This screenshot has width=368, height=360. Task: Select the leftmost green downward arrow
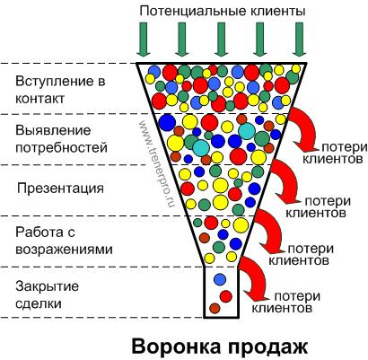144,40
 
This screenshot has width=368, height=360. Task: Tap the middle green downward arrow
221,40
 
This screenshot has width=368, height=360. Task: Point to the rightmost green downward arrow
299,40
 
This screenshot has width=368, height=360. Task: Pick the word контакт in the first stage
39,99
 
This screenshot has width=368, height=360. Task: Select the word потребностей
61,148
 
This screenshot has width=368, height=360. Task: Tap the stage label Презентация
60,189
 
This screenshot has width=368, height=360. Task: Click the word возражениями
64,250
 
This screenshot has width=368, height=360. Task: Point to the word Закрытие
48,286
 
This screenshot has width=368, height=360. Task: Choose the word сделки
39,304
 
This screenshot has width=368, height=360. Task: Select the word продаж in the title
267,348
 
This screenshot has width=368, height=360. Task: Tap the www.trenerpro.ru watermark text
156,164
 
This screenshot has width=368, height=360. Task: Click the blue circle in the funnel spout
220,279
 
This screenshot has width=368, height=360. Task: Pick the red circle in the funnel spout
226,296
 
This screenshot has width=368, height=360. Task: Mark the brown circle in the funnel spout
215,308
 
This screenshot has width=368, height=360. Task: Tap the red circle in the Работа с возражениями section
211,223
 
